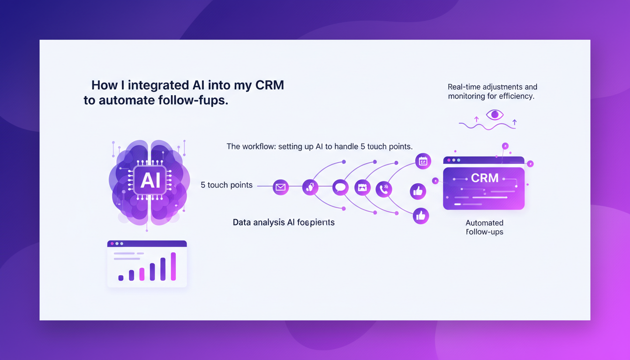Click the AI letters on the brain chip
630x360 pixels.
coord(150,180)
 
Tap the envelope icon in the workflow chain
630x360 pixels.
coord(280,187)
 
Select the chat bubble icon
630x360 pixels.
coord(340,187)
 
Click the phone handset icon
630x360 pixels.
coord(384,189)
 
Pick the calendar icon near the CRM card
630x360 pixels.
coord(423,161)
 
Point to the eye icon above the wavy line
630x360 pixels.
coord(495,114)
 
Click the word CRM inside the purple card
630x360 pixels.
coord(485,179)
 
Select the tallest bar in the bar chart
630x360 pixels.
coord(173,266)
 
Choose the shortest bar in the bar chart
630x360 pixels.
coord(121,277)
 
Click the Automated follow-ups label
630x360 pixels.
coord(484,227)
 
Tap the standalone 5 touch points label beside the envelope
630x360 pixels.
coord(226,185)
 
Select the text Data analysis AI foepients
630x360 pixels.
coord(284,222)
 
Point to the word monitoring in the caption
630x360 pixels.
coord(469,96)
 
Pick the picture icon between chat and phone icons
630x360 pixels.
coord(362,187)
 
